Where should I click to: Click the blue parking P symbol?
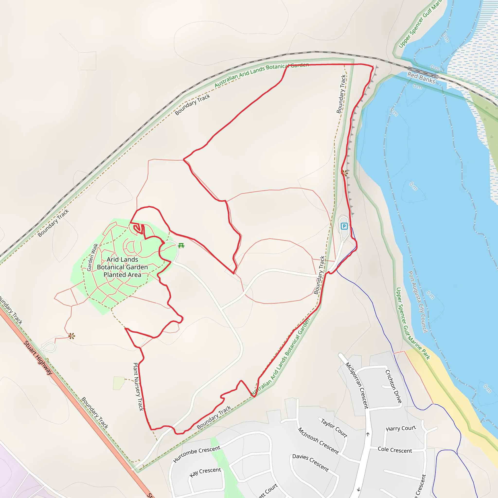pos(344,226)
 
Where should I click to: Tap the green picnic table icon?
pos(181,245)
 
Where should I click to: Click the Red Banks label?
pos(421,78)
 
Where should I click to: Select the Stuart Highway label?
pos(38,357)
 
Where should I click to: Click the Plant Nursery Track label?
pos(138,387)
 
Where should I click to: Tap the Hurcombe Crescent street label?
pos(197,454)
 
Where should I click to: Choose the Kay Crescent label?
pos(205,472)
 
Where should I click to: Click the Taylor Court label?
pos(334,428)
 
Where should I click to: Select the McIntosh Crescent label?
pos(318,441)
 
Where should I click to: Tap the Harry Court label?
pos(401,428)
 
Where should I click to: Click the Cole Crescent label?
pos(395,450)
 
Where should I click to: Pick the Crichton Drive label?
pos(393,386)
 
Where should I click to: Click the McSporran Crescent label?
pos(357,385)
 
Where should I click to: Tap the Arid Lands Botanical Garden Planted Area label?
pos(123,267)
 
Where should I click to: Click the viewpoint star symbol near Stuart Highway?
pos(72,336)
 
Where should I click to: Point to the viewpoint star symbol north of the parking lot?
pos(345,173)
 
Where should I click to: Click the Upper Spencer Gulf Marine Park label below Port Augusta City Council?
pos(412,323)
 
